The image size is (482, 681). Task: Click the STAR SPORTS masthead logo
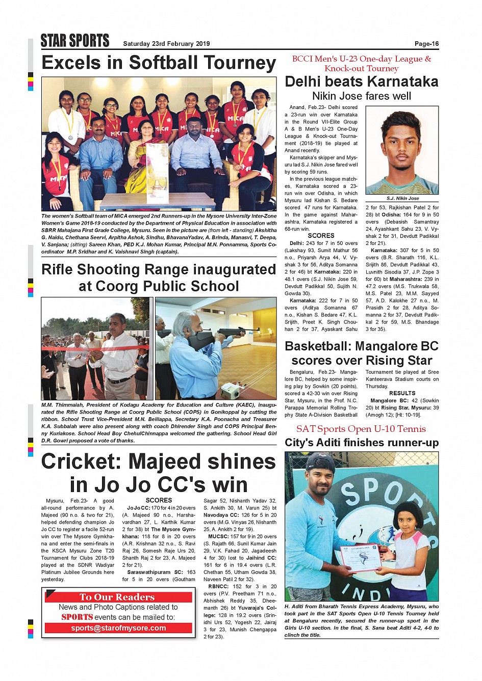pos(75,41)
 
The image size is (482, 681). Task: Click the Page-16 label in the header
pos(426,44)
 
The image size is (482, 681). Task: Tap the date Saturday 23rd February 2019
pos(166,44)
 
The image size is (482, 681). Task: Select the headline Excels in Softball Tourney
pos(159,63)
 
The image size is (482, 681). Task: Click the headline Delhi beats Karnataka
pos(361,81)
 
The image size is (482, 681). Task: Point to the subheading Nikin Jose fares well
pos(361,96)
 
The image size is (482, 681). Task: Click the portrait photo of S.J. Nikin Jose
pos(402,150)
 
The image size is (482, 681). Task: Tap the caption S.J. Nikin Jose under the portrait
pos(402,198)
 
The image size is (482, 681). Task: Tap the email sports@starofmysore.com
pos(118,628)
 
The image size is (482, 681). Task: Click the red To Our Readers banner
pos(117,597)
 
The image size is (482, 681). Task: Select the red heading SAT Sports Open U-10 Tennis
pos(361,429)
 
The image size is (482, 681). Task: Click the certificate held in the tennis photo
pos(361,558)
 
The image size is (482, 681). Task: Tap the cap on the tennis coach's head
pos(320,462)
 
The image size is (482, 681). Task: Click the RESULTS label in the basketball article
pos(402,393)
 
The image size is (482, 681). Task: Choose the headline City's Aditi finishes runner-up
pos(361,443)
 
